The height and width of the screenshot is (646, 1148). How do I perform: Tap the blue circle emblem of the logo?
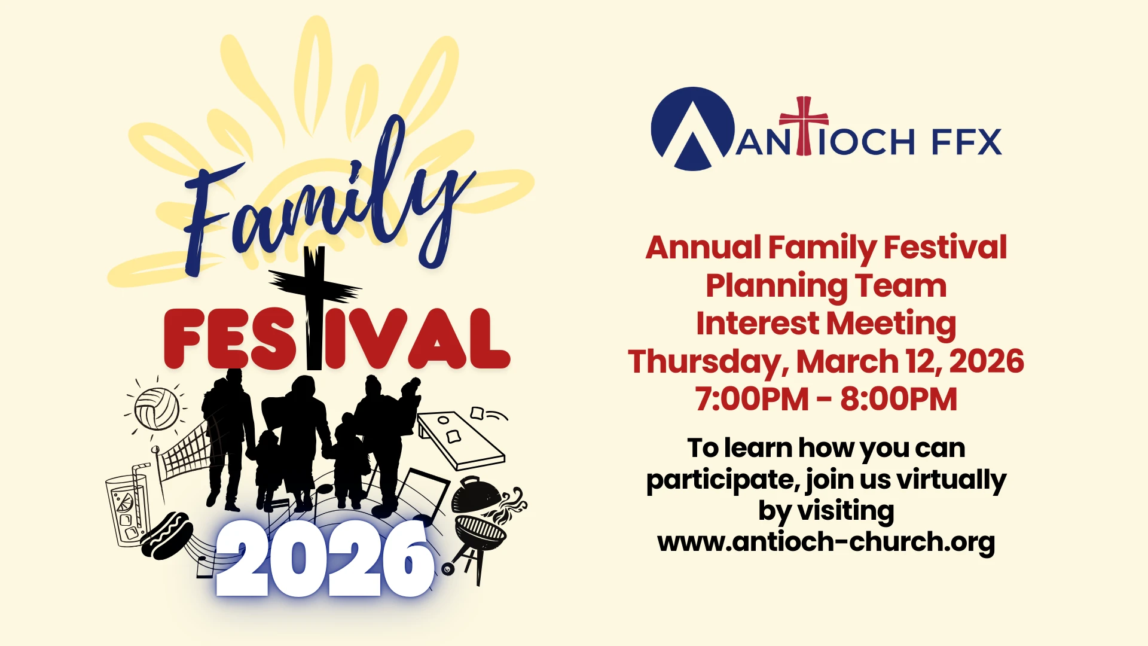(692, 129)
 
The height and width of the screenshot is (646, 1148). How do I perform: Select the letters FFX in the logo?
(967, 142)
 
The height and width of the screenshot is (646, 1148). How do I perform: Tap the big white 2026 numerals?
(325, 558)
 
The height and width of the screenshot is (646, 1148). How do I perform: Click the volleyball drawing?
(157, 409)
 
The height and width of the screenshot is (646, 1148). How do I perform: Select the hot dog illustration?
(167, 535)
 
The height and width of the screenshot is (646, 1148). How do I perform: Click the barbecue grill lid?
(476, 494)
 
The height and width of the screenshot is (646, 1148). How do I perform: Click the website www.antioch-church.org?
(826, 542)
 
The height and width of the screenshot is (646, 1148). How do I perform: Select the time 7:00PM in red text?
(752, 399)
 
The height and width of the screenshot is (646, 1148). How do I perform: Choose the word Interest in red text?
(758, 323)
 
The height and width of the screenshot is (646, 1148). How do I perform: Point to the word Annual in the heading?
(703, 247)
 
